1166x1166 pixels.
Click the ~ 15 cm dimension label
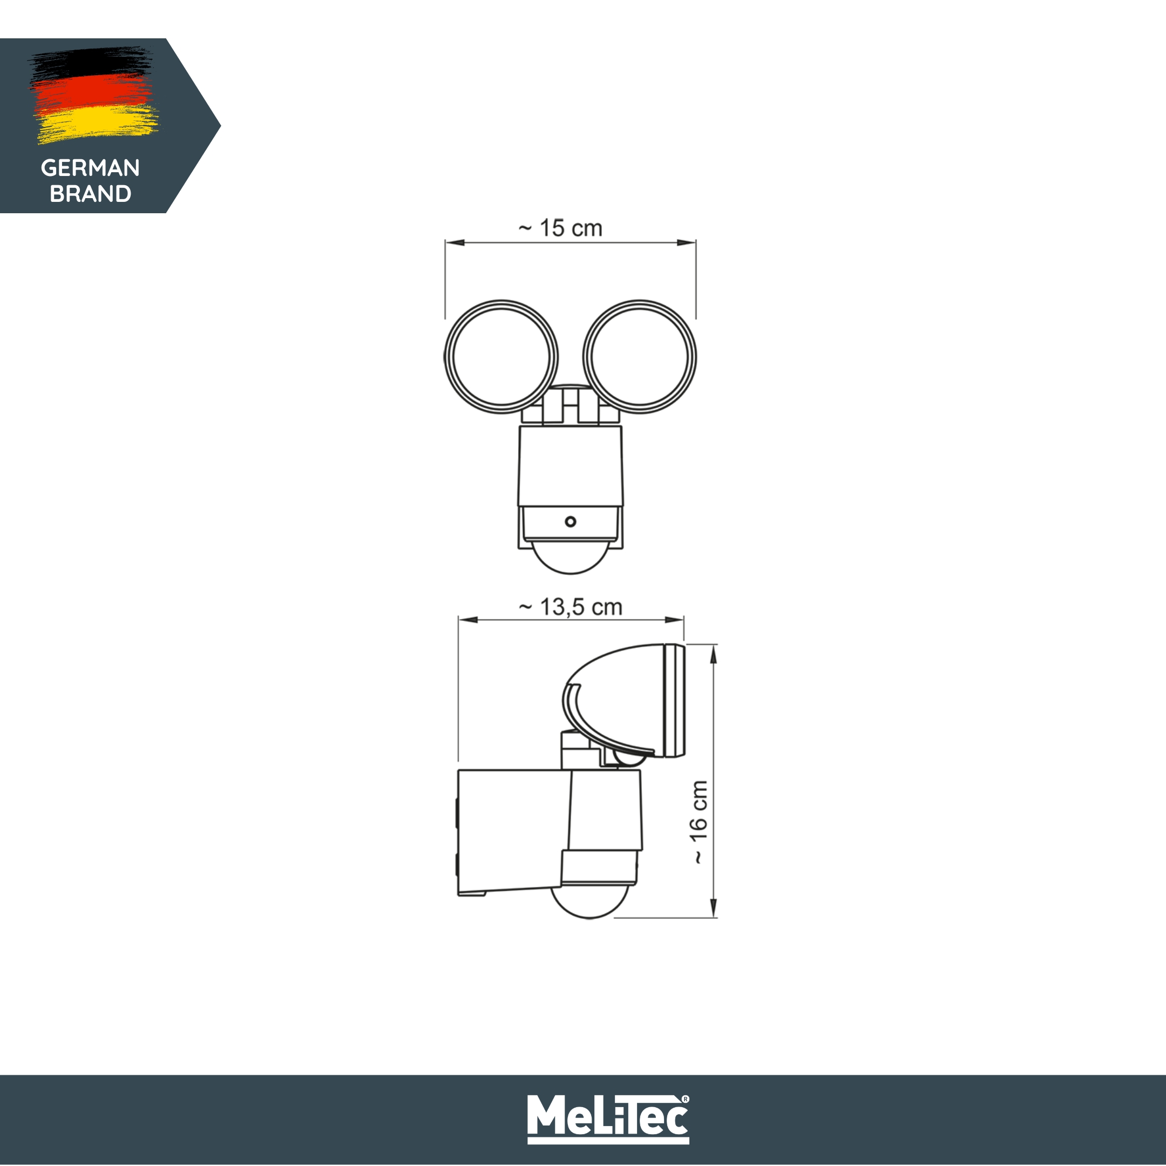click(560, 228)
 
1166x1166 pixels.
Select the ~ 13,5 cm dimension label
click(571, 607)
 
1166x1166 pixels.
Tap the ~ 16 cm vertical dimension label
click(699, 822)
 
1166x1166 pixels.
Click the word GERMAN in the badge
click(90, 168)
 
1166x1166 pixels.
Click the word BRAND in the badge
click(90, 194)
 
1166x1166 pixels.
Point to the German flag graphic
click(93, 95)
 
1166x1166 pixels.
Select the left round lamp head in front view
click(501, 357)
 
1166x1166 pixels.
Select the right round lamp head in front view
click(639, 357)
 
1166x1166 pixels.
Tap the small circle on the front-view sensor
click(571, 521)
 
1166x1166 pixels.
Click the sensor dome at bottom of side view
click(590, 904)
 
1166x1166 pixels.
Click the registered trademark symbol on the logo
click(685, 1100)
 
